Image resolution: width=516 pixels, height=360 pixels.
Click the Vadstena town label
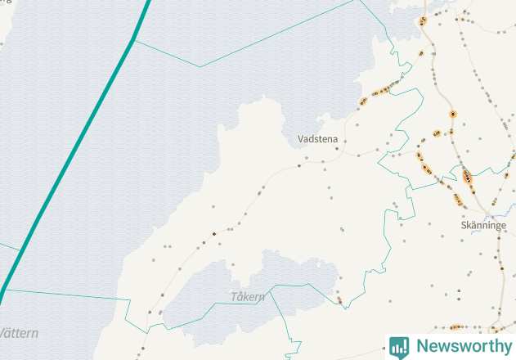317,140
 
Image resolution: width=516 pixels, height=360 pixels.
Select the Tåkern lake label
248,297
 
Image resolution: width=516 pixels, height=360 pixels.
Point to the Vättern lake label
18,333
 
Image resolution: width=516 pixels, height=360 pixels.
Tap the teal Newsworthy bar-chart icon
400,346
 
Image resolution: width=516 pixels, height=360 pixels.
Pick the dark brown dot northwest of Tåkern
214,234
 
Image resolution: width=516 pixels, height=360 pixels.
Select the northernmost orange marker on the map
423,21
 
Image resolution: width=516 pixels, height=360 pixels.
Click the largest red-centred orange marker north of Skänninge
467,176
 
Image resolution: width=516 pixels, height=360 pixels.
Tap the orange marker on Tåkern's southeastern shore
339,300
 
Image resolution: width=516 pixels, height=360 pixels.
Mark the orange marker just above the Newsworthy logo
455,326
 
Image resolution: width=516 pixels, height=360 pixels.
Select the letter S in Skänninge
464,225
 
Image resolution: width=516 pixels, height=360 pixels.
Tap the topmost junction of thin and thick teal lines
133,40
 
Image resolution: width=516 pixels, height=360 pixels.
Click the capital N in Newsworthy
422,346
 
